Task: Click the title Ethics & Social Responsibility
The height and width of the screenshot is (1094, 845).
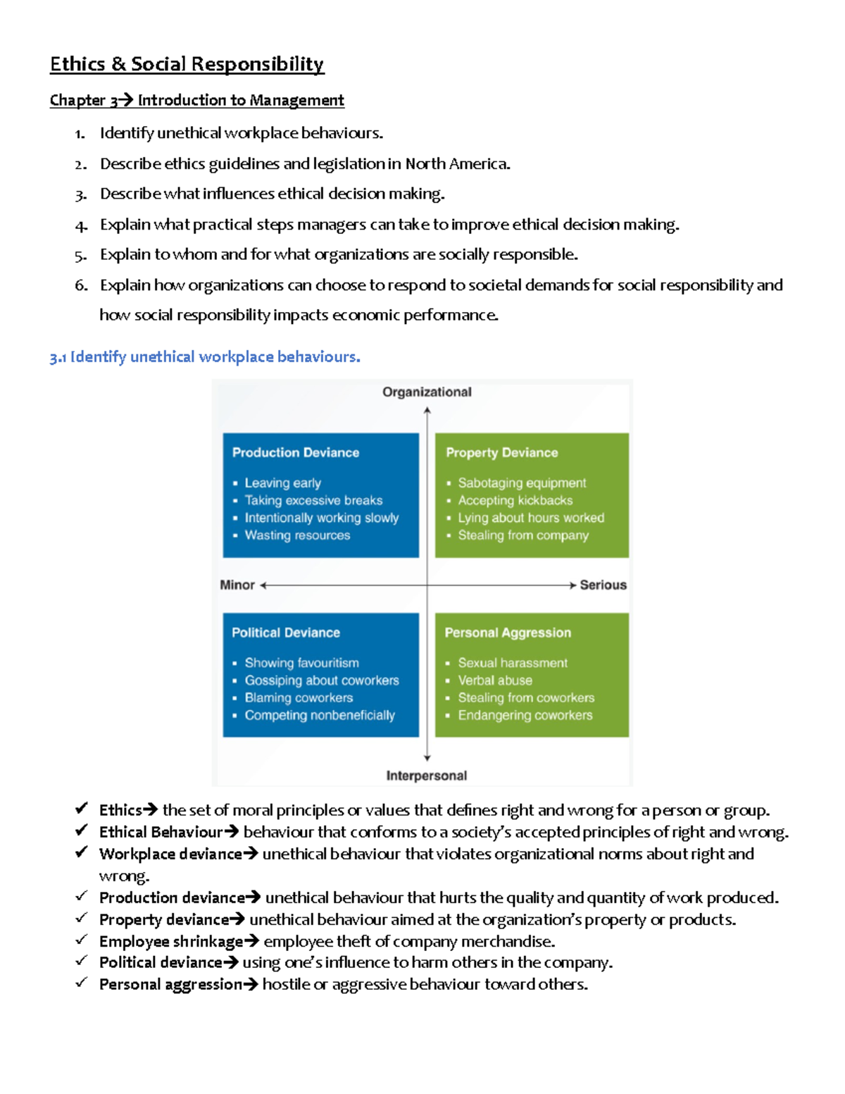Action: pyautogui.click(x=187, y=64)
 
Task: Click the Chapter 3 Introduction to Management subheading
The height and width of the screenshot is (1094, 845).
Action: pyautogui.click(x=196, y=100)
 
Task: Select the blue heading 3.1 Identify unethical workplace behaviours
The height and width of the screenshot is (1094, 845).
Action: pyautogui.click(x=205, y=357)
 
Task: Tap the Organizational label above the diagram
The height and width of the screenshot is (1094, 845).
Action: pyautogui.click(x=427, y=392)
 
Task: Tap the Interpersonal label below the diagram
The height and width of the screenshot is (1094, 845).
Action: pyautogui.click(x=426, y=776)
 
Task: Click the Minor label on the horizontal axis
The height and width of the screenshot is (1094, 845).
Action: pyautogui.click(x=237, y=585)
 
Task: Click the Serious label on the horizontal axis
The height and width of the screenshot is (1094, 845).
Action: pyautogui.click(x=603, y=585)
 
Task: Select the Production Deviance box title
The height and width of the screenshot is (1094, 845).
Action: pyautogui.click(x=296, y=452)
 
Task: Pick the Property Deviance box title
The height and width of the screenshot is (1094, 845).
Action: pyautogui.click(x=501, y=452)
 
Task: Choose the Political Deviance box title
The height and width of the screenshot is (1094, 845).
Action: pyautogui.click(x=286, y=633)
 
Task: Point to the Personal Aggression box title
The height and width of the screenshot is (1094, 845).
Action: pyautogui.click(x=508, y=633)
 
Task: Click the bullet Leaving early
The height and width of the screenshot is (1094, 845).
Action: pyautogui.click(x=282, y=483)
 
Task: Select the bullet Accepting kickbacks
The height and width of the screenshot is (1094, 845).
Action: pyautogui.click(x=515, y=500)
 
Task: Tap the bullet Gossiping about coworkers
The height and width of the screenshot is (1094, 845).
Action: pyautogui.click(x=322, y=680)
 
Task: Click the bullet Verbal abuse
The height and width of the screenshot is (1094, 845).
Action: pyautogui.click(x=495, y=680)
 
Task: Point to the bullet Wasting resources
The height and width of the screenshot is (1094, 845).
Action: pyautogui.click(x=297, y=535)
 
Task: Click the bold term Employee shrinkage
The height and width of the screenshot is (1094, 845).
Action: pyautogui.click(x=171, y=942)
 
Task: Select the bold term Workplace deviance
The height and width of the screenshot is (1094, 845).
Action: pyautogui.click(x=170, y=854)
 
